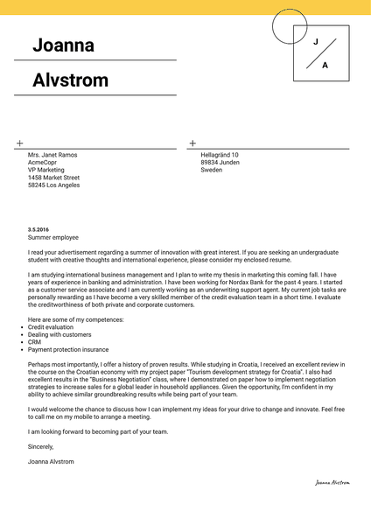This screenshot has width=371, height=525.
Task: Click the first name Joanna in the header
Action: [63, 45]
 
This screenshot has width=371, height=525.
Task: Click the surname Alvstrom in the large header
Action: [71, 80]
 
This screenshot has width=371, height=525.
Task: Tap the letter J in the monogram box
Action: [316, 41]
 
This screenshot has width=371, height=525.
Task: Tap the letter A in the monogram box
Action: [325, 66]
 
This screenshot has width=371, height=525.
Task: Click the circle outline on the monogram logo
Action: [273, 26]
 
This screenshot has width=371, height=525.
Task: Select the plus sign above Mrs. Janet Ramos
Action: [19, 143]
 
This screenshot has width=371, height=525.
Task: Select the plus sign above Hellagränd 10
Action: [192, 143]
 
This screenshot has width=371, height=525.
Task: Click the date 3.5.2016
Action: [38, 228]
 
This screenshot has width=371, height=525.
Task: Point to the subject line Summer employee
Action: [52, 237]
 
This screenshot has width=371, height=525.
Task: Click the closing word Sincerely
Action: [41, 446]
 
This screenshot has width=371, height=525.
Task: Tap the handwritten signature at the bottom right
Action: [332, 482]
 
